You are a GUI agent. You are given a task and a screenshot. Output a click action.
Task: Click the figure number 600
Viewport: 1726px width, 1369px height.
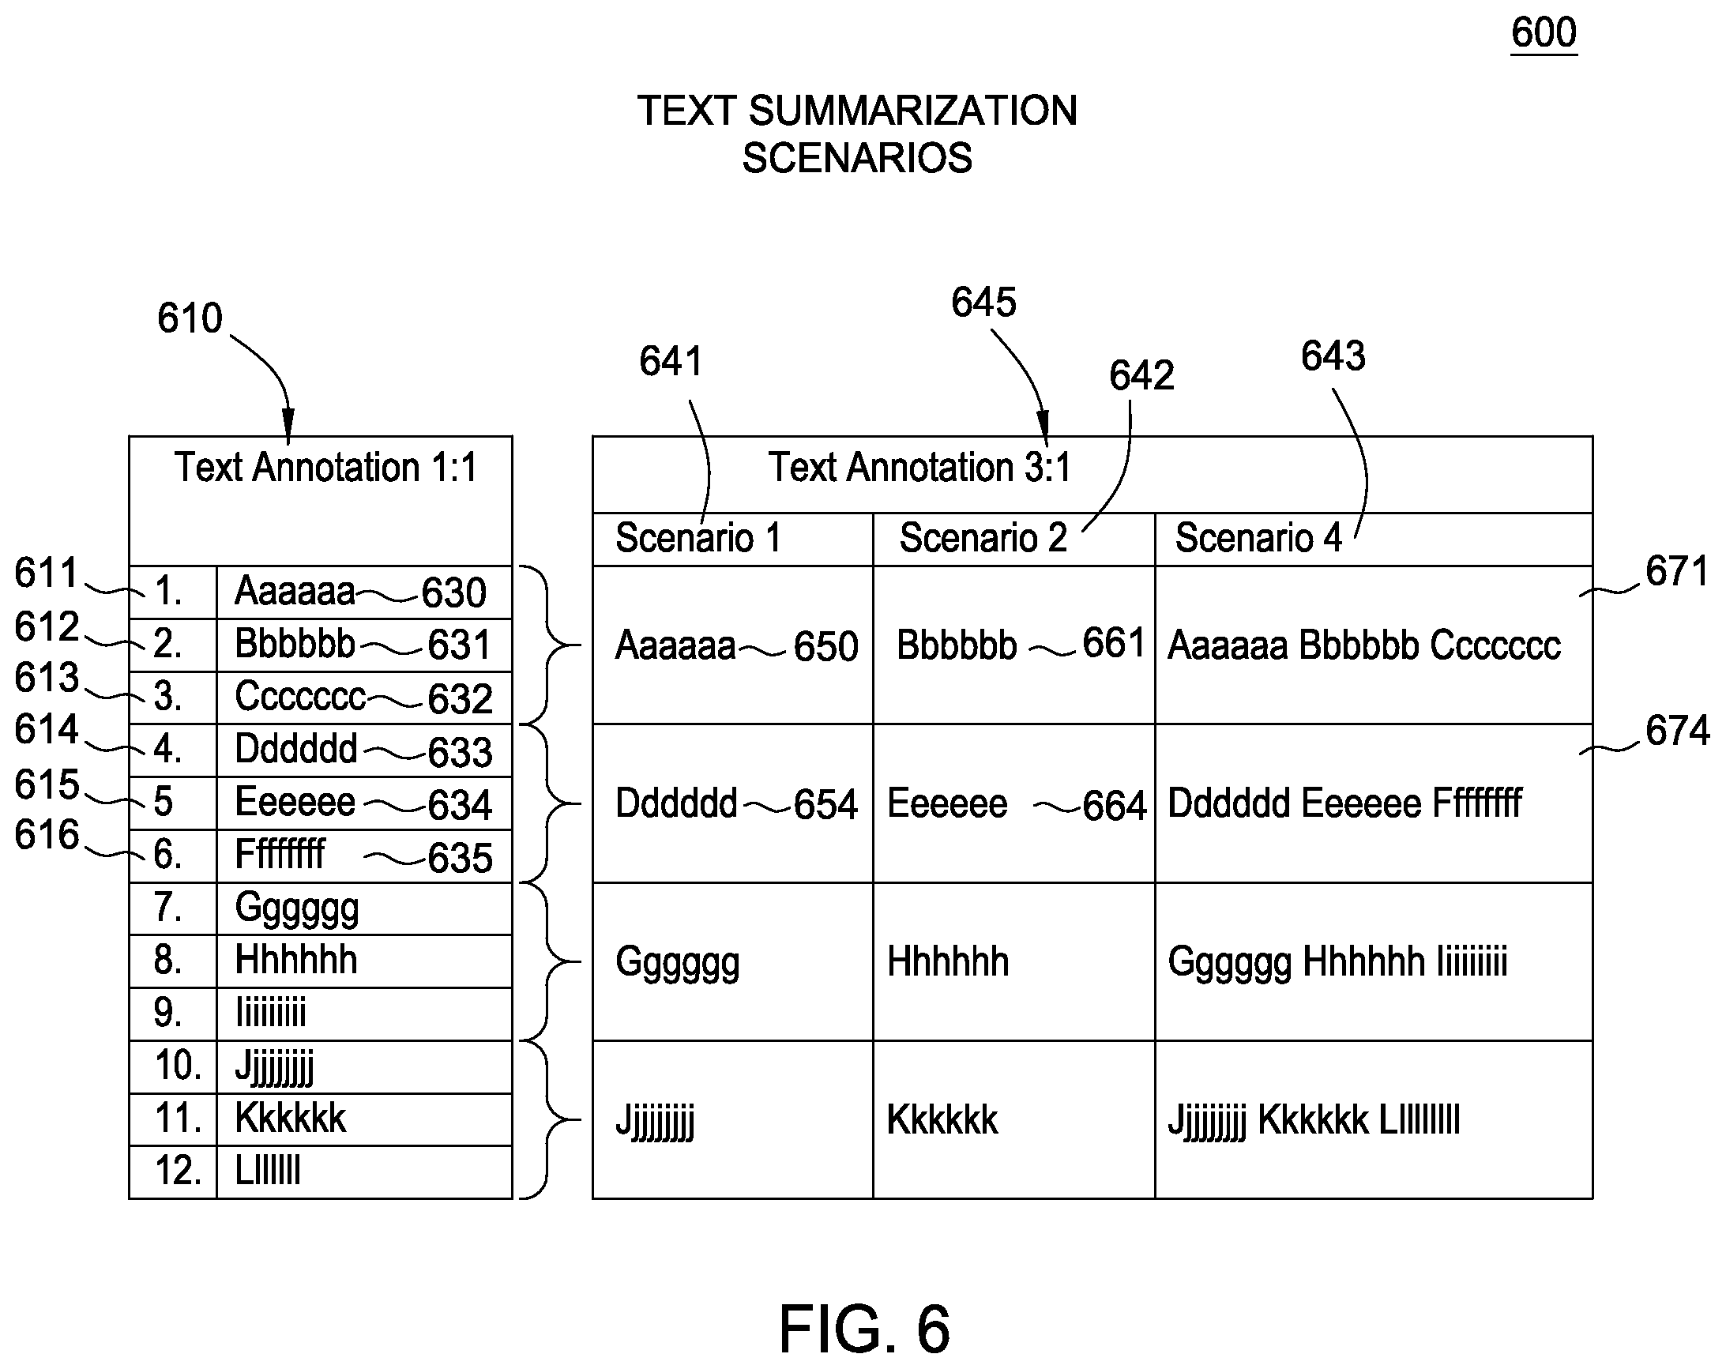tap(1544, 33)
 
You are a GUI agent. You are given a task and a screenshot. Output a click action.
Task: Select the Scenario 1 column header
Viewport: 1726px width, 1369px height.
tap(698, 537)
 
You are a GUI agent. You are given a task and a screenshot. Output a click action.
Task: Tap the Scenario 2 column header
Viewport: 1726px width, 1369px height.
tap(983, 537)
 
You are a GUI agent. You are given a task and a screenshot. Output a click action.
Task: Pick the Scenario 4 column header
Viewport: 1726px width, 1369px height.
tap(1258, 537)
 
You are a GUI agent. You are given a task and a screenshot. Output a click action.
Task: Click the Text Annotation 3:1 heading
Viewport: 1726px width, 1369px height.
tap(919, 467)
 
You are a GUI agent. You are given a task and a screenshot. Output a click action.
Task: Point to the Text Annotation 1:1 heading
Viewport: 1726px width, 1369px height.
tap(325, 467)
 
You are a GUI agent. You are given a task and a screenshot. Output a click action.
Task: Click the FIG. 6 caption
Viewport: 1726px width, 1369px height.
tap(865, 1328)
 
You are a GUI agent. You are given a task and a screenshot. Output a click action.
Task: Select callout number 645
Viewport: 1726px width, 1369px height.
tap(983, 303)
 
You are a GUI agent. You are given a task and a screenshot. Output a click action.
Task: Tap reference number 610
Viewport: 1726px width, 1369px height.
tap(189, 318)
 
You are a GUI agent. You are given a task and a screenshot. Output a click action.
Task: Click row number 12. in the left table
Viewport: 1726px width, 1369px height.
tap(178, 1171)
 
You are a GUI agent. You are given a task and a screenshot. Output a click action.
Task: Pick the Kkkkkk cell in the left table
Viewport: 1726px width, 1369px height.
tap(290, 1119)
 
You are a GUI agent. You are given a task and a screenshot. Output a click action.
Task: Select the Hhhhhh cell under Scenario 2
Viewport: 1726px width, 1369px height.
tap(948, 961)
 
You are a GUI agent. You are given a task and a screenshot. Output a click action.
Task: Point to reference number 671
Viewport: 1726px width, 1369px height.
tap(1677, 572)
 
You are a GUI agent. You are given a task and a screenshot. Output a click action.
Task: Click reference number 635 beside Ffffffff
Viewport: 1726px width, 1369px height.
tap(461, 858)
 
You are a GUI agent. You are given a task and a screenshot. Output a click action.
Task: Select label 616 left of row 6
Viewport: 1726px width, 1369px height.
tap(47, 835)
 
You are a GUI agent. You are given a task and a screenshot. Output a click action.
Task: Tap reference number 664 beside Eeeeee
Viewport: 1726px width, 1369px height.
tap(1115, 806)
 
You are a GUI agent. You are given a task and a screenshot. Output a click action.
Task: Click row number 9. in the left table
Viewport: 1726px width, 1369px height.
tap(167, 1013)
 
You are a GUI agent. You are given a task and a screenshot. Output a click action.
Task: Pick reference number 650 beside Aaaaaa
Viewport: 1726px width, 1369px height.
tap(826, 646)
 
